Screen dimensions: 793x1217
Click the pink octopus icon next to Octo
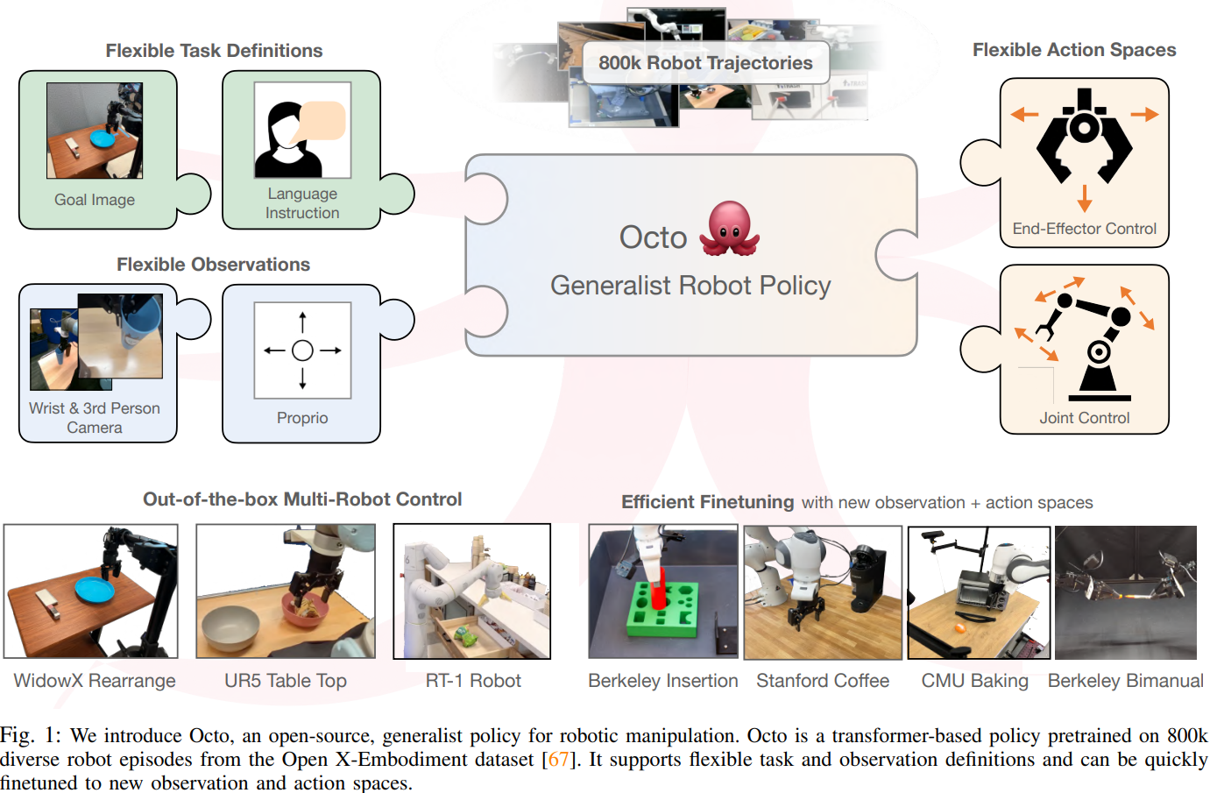729,229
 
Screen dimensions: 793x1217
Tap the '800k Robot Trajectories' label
705,63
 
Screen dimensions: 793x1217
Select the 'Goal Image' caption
95,200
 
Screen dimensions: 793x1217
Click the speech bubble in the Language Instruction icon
322,121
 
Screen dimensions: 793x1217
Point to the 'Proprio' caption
302,418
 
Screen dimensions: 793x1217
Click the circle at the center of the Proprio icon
302,350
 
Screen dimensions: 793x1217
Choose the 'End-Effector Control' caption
1084,229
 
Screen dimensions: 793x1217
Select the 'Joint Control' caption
1084,418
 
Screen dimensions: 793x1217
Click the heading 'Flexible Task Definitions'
214,51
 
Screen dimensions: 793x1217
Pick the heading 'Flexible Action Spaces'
1074,50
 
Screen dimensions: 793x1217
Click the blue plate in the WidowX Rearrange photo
96,589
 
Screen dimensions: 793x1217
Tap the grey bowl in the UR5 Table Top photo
230,627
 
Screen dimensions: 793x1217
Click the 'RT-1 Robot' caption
473,681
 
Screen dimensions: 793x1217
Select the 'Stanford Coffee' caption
823,681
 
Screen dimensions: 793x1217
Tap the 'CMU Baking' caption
974,681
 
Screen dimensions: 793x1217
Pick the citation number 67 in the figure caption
557,759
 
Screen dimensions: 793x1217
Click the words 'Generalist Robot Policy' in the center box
690,286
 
